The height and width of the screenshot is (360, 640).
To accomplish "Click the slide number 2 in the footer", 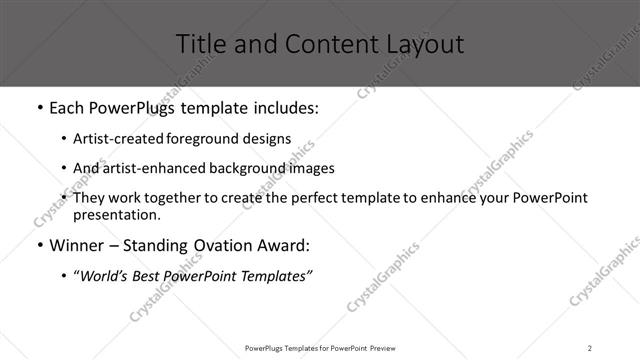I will pyautogui.click(x=590, y=347).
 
